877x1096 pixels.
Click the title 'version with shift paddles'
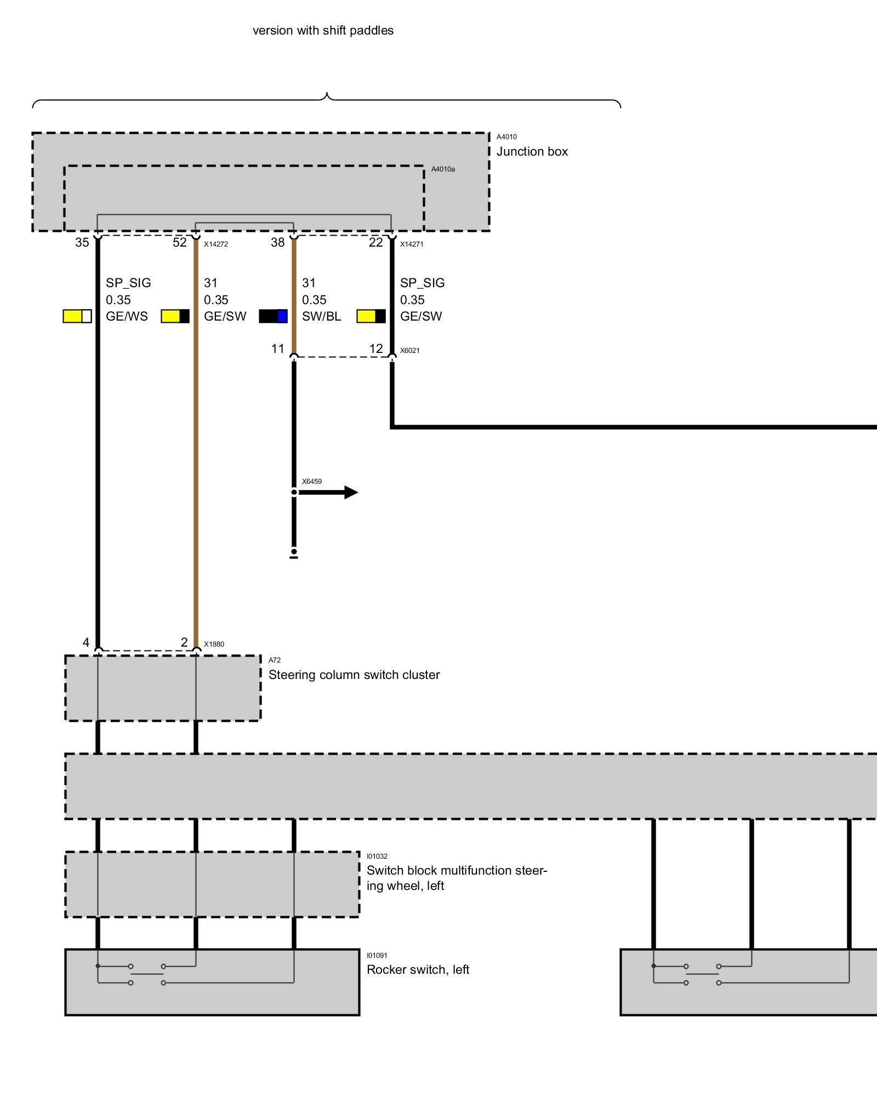coord(323,31)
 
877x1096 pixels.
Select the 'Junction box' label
coord(532,152)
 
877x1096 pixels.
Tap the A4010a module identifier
coord(443,169)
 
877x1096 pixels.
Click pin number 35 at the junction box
coord(82,242)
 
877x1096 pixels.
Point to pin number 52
coord(180,242)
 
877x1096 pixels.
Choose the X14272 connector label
coord(216,244)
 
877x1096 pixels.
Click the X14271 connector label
coord(412,244)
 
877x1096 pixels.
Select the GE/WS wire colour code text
coord(127,316)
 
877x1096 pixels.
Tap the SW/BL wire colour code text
coord(321,316)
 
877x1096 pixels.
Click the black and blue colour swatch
coord(273,316)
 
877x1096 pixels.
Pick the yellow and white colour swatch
coord(77,316)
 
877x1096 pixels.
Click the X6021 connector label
coord(410,351)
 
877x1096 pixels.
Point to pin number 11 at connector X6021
coord(278,349)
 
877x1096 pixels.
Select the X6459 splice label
coord(312,482)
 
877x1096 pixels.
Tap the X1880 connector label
coord(214,644)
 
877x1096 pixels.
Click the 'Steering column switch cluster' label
coord(354,675)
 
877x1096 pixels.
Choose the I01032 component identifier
coord(377,857)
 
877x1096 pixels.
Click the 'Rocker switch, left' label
coord(418,970)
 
